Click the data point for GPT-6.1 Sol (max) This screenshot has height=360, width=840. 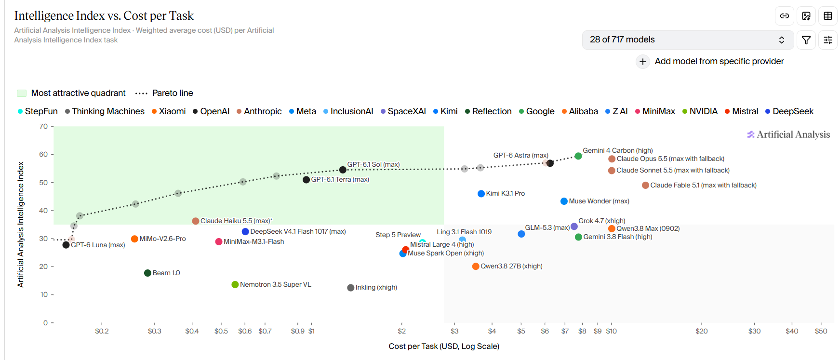tap(343, 170)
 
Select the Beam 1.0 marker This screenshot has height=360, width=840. tap(147, 273)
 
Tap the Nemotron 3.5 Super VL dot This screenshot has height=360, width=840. tap(235, 285)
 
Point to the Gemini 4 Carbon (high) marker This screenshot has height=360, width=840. tap(578, 156)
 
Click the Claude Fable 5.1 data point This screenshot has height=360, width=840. tap(645, 186)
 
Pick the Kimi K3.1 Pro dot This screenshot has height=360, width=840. tap(481, 194)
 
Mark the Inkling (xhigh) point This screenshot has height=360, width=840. tap(351, 288)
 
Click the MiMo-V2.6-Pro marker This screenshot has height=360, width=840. tap(134, 239)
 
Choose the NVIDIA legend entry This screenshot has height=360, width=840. tap(700, 111)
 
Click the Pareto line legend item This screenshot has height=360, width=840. tap(164, 93)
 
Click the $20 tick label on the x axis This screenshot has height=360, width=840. tap(701, 331)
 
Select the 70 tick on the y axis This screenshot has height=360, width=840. tap(43, 126)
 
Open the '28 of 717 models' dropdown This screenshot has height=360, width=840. tap(687, 40)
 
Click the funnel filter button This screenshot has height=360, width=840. tap(806, 40)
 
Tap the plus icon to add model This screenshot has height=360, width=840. tap(643, 62)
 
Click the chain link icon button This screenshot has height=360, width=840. tap(785, 16)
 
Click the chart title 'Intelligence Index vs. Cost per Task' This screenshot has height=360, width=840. tap(104, 16)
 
